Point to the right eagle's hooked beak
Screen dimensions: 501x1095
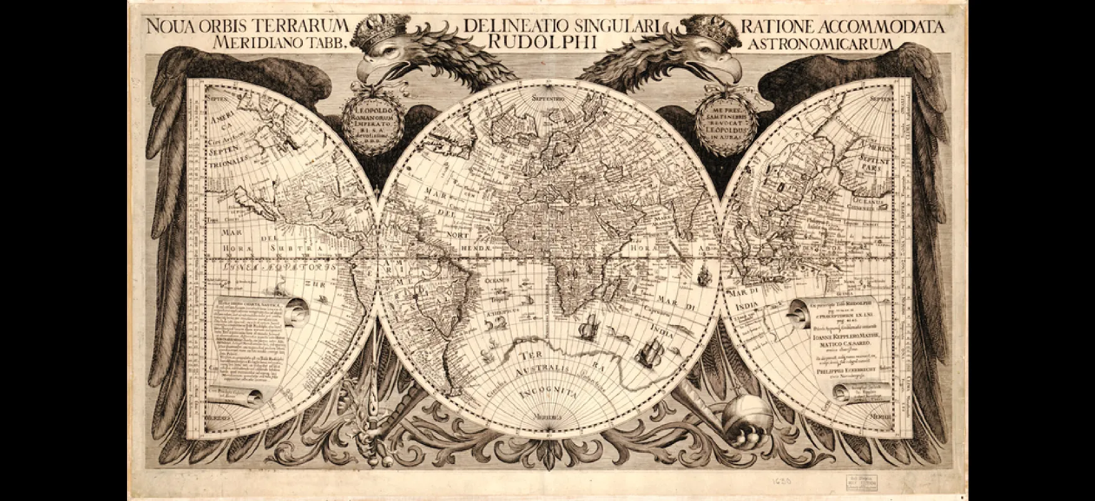[x=730, y=73]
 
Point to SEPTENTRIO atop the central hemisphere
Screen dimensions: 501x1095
[x=549, y=99]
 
